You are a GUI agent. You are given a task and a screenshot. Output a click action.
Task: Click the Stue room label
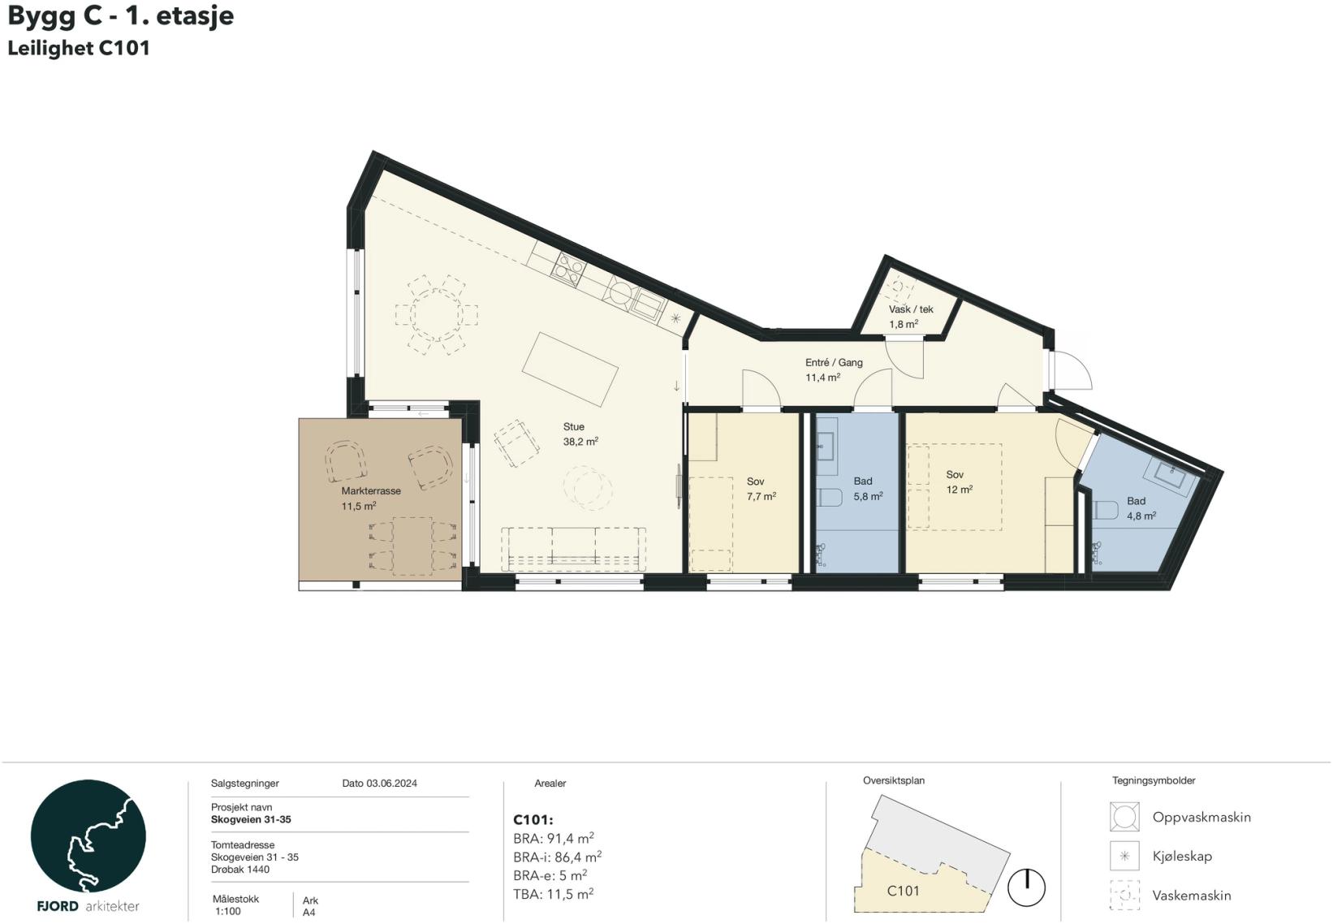tap(574, 427)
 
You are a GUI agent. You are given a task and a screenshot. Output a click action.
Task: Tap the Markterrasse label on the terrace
tap(371, 491)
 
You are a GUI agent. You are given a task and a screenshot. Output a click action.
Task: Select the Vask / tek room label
tap(911, 309)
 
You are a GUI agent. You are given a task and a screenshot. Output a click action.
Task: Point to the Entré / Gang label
tap(834, 363)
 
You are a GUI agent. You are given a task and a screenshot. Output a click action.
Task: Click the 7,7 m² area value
tap(761, 496)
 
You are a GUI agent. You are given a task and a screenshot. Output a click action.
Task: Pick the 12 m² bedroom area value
tap(960, 490)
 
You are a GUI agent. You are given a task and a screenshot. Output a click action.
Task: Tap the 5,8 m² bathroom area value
tap(868, 496)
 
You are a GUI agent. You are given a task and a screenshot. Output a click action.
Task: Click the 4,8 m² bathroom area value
tap(1141, 516)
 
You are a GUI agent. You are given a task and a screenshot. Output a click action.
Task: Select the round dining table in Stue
tap(437, 314)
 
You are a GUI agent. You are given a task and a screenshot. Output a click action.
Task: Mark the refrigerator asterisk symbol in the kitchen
tap(675, 318)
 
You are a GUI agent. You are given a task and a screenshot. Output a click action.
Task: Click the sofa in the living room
tap(573, 548)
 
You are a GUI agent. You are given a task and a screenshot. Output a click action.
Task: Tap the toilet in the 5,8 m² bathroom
tap(828, 497)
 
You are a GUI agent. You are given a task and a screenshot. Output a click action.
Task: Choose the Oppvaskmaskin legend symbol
tap(1124, 816)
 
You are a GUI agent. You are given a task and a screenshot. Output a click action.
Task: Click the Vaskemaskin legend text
tap(1192, 896)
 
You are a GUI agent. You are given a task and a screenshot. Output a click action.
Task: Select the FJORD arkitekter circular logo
tap(88, 836)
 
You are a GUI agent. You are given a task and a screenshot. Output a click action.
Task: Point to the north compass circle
tap(1026, 887)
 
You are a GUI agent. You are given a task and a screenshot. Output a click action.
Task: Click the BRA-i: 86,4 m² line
tap(557, 857)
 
